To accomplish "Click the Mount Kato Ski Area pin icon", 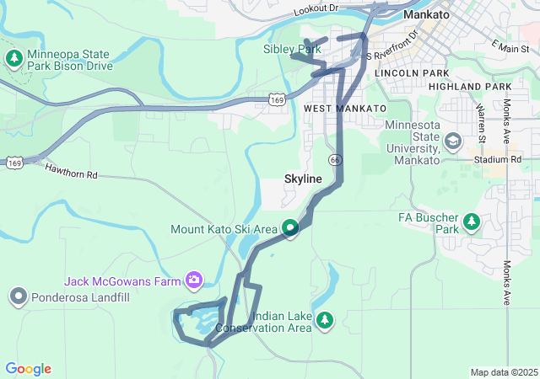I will pyautogui.click(x=290, y=228).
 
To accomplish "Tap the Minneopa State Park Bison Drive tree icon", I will pyautogui.click(x=13, y=58).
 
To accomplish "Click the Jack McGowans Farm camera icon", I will pyautogui.click(x=195, y=280).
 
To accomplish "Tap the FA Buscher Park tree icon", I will pyautogui.click(x=472, y=222).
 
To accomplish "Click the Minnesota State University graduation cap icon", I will pyautogui.click(x=453, y=141).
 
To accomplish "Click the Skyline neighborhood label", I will pyautogui.click(x=304, y=179).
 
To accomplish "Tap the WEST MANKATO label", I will pyautogui.click(x=344, y=109).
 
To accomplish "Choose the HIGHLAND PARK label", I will pyautogui.click(x=470, y=87).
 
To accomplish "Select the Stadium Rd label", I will pyautogui.click(x=497, y=158).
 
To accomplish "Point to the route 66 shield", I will pyautogui.click(x=335, y=159).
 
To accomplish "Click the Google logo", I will pyautogui.click(x=28, y=369).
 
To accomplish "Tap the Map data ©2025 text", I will pyautogui.click(x=504, y=372).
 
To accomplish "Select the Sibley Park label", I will pyautogui.click(x=292, y=50).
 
